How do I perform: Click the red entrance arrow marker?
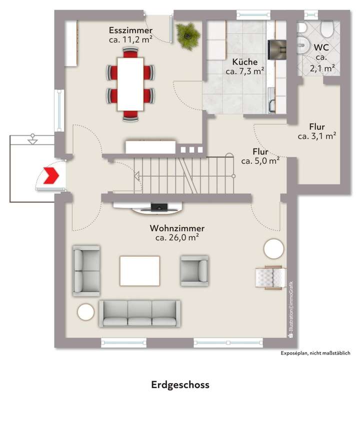(51, 176)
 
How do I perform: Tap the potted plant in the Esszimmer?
(188, 36)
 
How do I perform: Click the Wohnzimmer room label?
(177, 233)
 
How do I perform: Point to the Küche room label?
(245, 67)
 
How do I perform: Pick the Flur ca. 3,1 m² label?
(316, 131)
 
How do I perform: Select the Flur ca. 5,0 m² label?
(260, 156)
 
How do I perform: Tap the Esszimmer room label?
(130, 35)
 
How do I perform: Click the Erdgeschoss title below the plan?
(180, 385)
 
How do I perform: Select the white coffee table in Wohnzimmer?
(139, 270)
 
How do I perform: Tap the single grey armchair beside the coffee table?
(194, 270)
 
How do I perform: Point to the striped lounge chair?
(270, 278)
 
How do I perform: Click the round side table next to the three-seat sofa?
(85, 312)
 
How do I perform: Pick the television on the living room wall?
(159, 206)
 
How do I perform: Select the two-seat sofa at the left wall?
(86, 270)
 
